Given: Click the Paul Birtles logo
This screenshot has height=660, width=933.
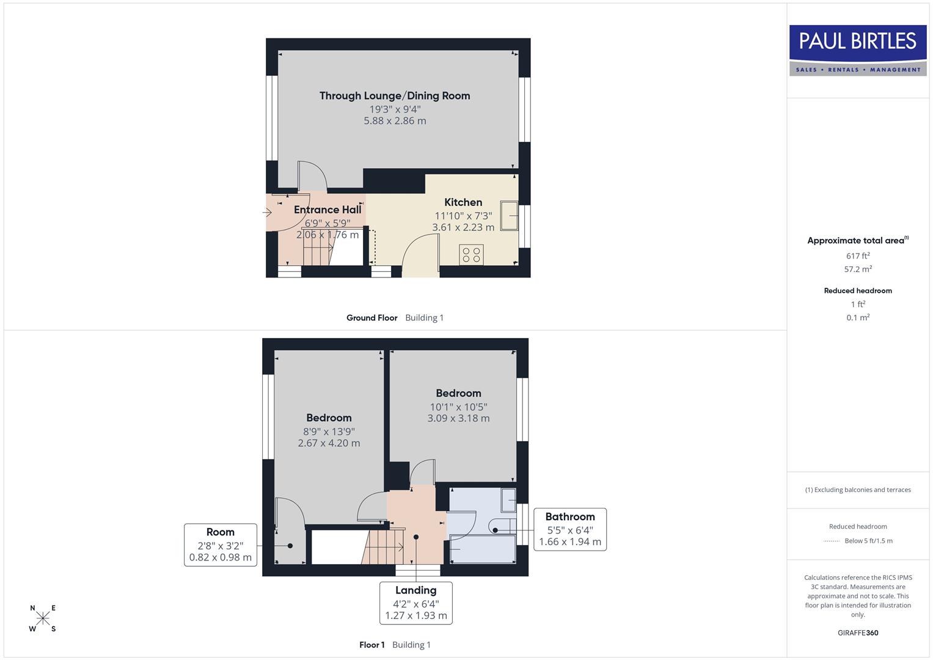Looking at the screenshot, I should pyautogui.click(x=857, y=50).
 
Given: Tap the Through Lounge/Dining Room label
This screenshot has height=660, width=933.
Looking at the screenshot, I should pyautogui.click(x=395, y=96).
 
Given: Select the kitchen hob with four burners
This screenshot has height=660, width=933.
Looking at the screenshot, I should pyautogui.click(x=471, y=254).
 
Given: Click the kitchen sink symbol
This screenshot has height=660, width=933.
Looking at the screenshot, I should pyautogui.click(x=509, y=215).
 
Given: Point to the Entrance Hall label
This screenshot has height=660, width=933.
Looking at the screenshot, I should pyautogui.click(x=327, y=210).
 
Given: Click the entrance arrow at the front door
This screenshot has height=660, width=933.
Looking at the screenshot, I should pyautogui.click(x=267, y=213).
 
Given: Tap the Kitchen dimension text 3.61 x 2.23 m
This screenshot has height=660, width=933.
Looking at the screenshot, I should pyautogui.click(x=463, y=227).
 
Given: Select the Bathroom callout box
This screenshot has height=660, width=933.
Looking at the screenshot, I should pyautogui.click(x=569, y=529).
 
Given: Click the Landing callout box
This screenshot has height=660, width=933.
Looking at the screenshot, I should pyautogui.click(x=415, y=603).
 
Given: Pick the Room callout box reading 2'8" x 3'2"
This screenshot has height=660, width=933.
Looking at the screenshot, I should pyautogui.click(x=220, y=544).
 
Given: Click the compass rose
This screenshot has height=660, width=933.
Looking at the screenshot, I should pyautogui.click(x=43, y=618).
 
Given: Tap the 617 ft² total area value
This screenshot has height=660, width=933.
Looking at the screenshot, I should pyautogui.click(x=858, y=256).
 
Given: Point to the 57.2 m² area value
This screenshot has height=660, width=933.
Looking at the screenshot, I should pyautogui.click(x=858, y=269).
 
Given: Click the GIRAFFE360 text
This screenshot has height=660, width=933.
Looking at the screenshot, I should pyautogui.click(x=858, y=633).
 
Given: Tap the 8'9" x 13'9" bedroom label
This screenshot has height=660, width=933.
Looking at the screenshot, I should pyautogui.click(x=329, y=431).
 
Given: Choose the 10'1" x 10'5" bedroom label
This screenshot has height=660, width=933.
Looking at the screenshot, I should pyautogui.click(x=458, y=406).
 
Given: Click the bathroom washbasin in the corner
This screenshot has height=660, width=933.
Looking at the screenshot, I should pyautogui.click(x=508, y=499).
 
